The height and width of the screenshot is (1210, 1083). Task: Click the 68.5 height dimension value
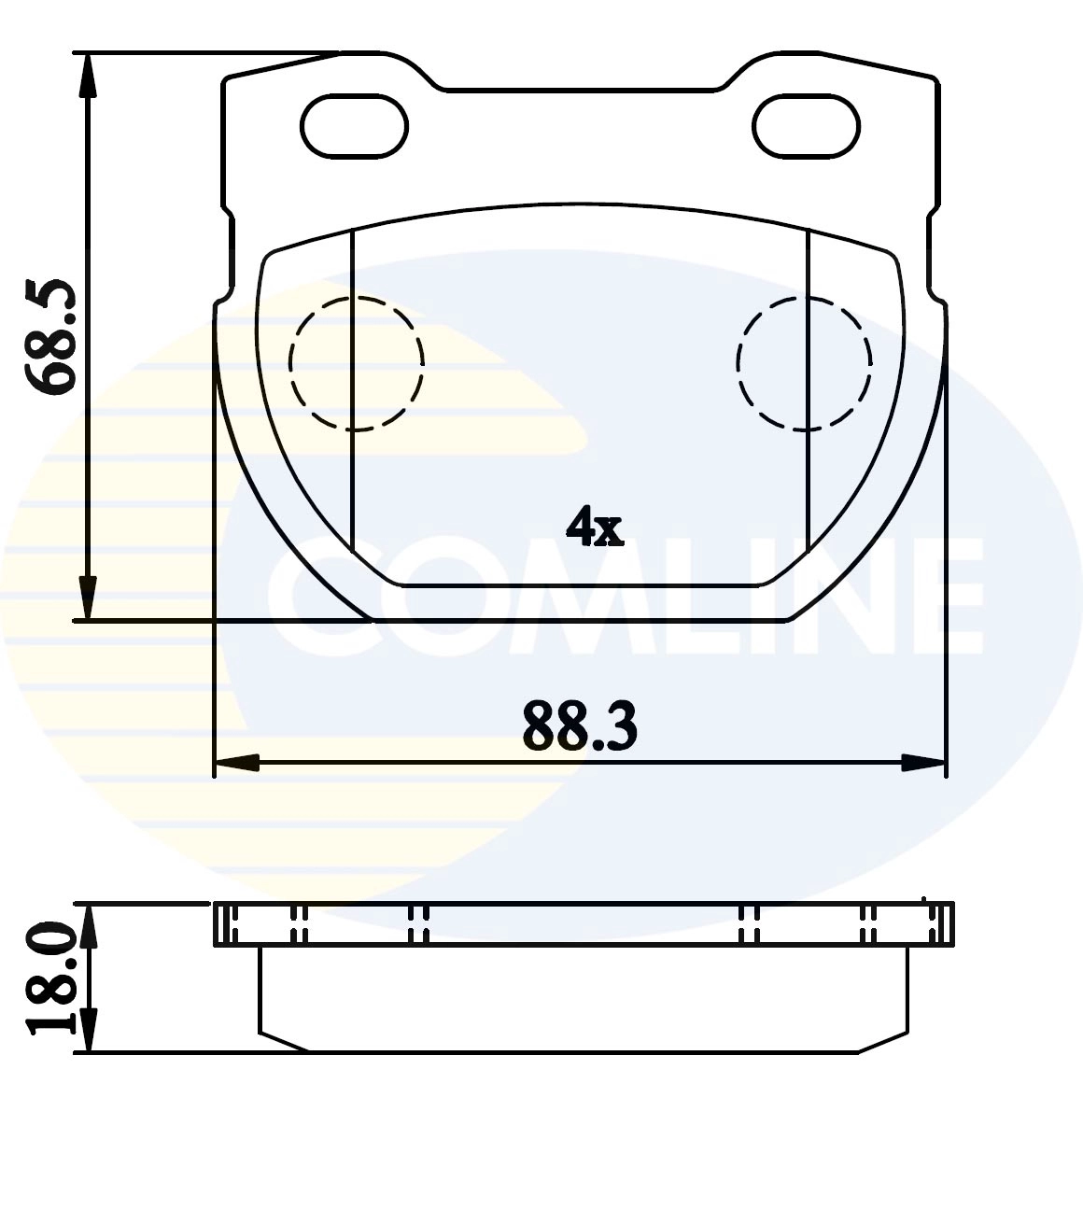(x=50, y=336)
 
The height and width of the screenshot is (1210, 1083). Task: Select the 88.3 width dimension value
(x=580, y=726)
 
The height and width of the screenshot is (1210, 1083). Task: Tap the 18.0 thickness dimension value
(x=50, y=985)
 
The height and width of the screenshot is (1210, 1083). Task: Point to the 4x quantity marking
(x=595, y=527)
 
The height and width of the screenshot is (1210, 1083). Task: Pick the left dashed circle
(x=289, y=363)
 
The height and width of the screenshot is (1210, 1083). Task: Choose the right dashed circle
(x=738, y=363)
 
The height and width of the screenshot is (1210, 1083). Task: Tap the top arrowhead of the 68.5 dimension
(x=88, y=75)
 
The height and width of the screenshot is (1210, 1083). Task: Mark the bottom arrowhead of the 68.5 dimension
(x=88, y=598)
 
